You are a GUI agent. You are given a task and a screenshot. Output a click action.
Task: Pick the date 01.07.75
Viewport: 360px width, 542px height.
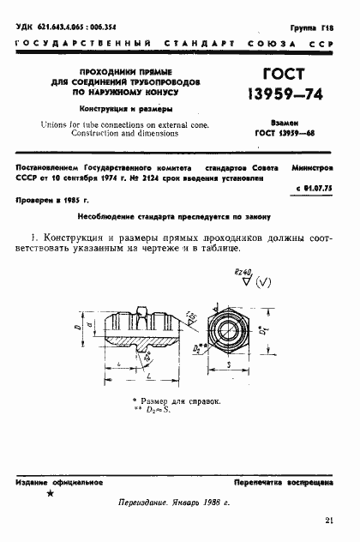pos(327,186)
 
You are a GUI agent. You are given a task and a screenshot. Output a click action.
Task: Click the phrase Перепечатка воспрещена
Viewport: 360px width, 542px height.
pos(296,482)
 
